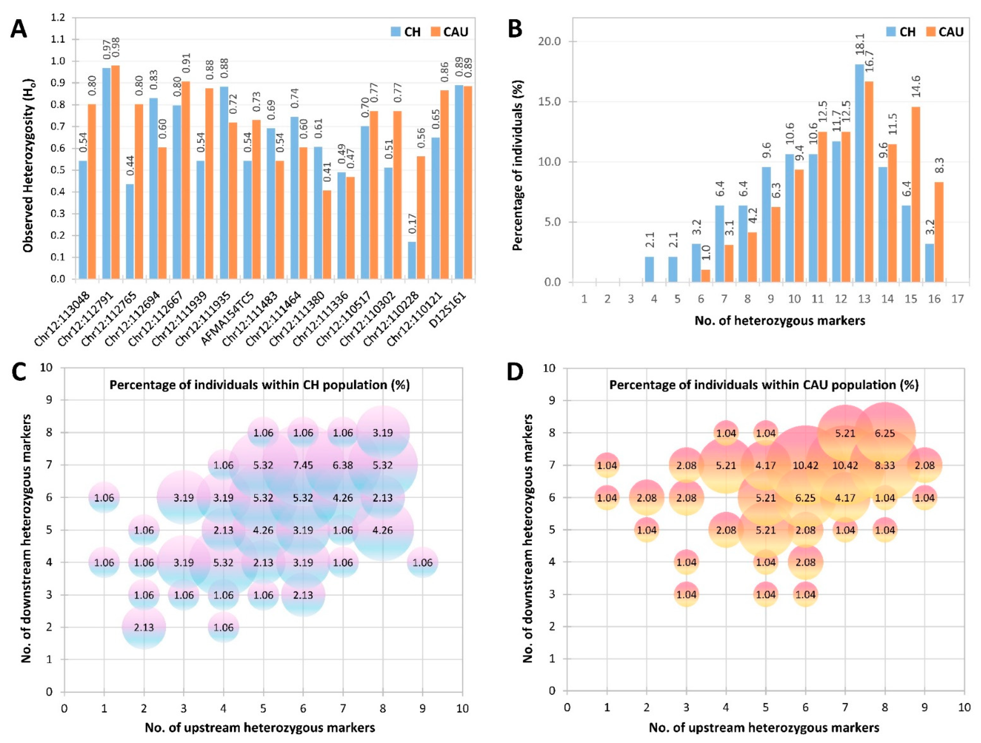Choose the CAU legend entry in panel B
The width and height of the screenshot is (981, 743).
[x=944, y=32]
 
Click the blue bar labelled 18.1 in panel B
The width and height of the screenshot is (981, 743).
[x=859, y=173]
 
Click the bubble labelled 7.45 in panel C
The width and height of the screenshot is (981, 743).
[x=303, y=465]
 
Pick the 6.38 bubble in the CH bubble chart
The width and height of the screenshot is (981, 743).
[x=342, y=465]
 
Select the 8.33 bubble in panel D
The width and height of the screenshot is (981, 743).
[x=885, y=465]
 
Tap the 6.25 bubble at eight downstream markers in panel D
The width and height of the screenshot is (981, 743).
[x=885, y=433]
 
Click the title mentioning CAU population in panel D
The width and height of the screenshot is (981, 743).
[x=764, y=385]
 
